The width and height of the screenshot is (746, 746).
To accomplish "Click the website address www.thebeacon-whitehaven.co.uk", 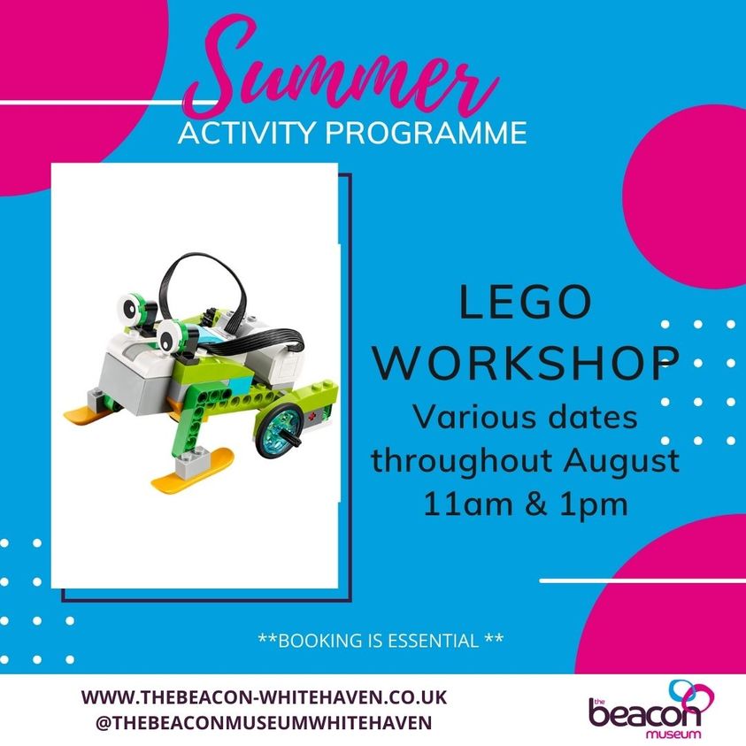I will tap(265, 696).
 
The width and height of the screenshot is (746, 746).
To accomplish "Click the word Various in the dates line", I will tap(465, 417).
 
